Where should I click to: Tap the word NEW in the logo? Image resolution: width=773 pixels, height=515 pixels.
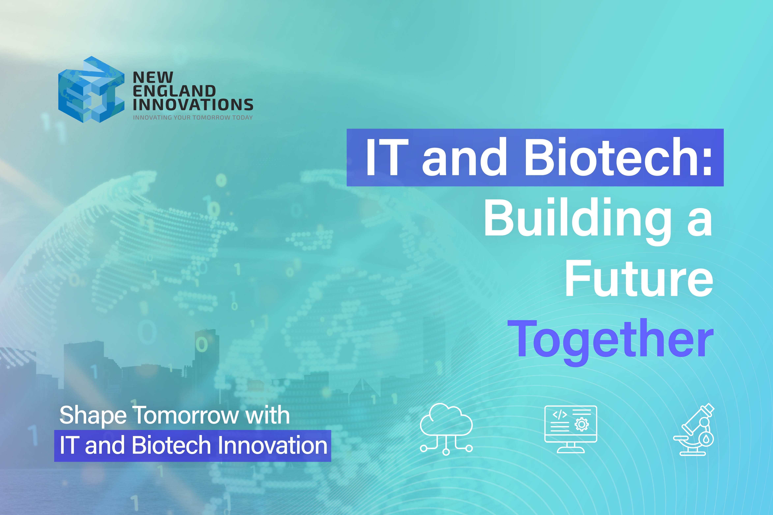[153, 78]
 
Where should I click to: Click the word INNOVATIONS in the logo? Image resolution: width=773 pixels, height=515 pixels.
[193, 105]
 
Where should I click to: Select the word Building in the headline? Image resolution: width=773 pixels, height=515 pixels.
[578, 218]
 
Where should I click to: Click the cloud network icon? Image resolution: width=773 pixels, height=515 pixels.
[446, 429]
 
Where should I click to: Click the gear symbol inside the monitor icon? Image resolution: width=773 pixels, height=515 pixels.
[582, 424]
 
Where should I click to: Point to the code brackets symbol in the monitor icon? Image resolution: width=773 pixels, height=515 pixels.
[560, 414]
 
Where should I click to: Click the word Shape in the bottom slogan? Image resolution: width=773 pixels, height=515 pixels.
[93, 415]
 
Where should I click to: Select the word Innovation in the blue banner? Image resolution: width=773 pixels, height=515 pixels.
[272, 446]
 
